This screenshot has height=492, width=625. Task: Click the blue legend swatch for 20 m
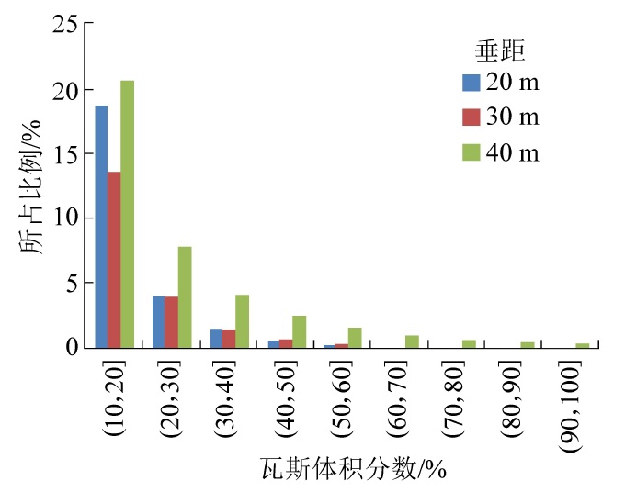click(472, 84)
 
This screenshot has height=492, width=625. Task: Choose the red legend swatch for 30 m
click(472, 117)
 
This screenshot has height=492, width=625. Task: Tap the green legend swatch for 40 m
click(472, 151)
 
